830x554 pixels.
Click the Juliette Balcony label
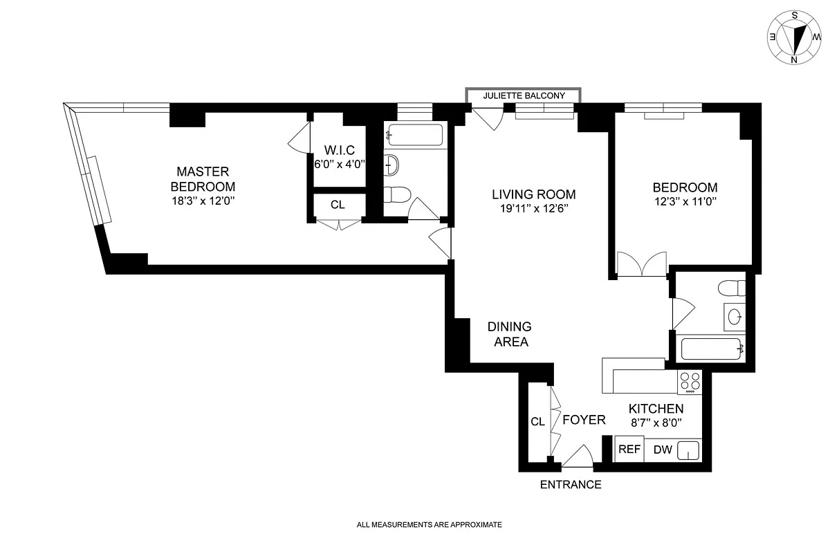pyautogui.click(x=524, y=95)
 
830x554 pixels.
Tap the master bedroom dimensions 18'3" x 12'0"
pyautogui.click(x=203, y=201)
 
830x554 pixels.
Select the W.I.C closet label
pyautogui.click(x=340, y=150)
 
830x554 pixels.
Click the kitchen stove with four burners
pyautogui.click(x=690, y=382)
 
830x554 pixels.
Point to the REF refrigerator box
pyautogui.click(x=629, y=449)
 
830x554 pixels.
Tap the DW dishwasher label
pyautogui.click(x=663, y=450)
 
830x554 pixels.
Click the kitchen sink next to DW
pyautogui.click(x=688, y=450)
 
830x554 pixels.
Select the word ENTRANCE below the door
pyautogui.click(x=571, y=485)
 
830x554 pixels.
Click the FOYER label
pyautogui.click(x=584, y=420)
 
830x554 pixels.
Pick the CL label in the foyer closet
pyautogui.click(x=537, y=421)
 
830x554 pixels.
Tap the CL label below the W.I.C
pyautogui.click(x=338, y=205)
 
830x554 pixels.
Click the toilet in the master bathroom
pyautogui.click(x=397, y=195)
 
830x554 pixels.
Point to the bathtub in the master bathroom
pyautogui.click(x=415, y=135)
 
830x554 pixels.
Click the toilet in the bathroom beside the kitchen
pyautogui.click(x=732, y=288)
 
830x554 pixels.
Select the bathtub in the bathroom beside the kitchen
pyautogui.click(x=712, y=349)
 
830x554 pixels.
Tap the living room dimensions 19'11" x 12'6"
pyautogui.click(x=534, y=208)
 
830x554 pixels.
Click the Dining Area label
pyautogui.click(x=510, y=334)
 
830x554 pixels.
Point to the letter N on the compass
pyautogui.click(x=794, y=59)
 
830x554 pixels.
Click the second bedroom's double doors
pyautogui.click(x=642, y=264)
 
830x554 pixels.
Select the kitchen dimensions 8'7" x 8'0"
pyautogui.click(x=656, y=423)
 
